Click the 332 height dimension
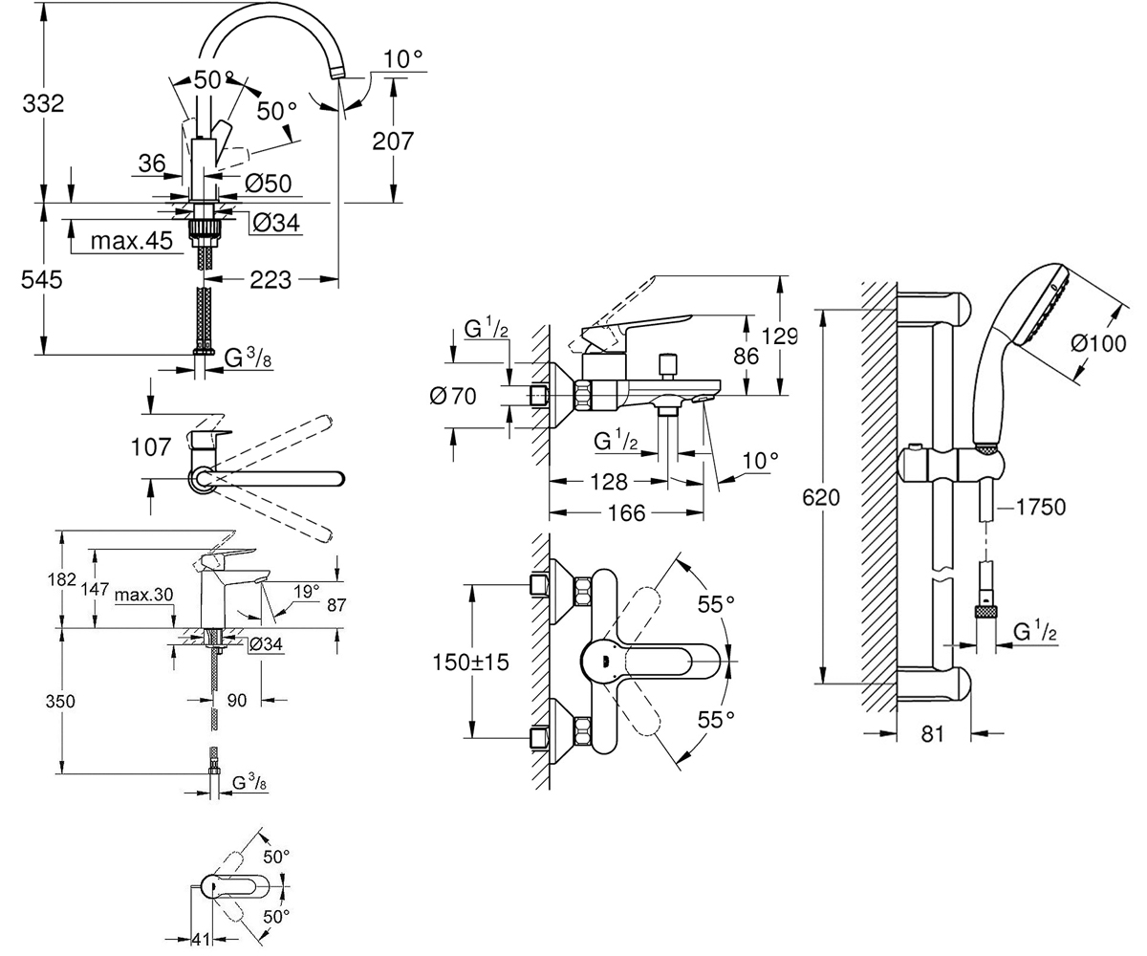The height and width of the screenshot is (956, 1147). (43, 103)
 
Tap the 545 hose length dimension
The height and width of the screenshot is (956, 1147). (42, 280)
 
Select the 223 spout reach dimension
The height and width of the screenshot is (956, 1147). (271, 280)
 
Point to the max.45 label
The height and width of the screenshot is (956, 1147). (131, 241)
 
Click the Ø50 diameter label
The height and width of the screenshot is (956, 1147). (269, 184)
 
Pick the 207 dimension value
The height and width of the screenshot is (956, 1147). (393, 141)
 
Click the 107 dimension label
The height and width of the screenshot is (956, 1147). (151, 447)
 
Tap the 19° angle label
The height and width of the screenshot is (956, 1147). (306, 592)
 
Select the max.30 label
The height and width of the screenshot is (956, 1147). (144, 595)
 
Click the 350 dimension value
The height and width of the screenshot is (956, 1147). (60, 702)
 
